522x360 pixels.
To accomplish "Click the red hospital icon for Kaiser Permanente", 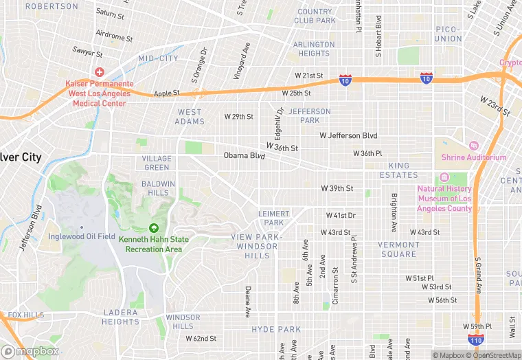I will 100,72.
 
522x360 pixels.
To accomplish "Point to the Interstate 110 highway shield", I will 477,339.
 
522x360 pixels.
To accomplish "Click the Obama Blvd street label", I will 244,156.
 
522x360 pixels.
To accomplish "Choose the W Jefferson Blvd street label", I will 348,136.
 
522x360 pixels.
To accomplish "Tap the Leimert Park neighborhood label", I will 274,218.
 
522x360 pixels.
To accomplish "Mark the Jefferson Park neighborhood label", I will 309,115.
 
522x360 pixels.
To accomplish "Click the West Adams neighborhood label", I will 190,117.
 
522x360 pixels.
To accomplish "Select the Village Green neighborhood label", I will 157,163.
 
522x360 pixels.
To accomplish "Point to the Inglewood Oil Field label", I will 82,237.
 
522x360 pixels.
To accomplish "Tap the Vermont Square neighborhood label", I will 398,249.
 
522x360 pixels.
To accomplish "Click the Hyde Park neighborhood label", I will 276,330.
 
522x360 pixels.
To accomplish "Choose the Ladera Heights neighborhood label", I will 121,317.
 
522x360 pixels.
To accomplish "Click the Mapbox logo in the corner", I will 30,351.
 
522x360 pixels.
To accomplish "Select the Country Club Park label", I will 315,16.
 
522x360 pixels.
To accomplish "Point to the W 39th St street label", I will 337,188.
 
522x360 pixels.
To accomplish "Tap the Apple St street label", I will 166,93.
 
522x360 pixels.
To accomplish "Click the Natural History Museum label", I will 444,199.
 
